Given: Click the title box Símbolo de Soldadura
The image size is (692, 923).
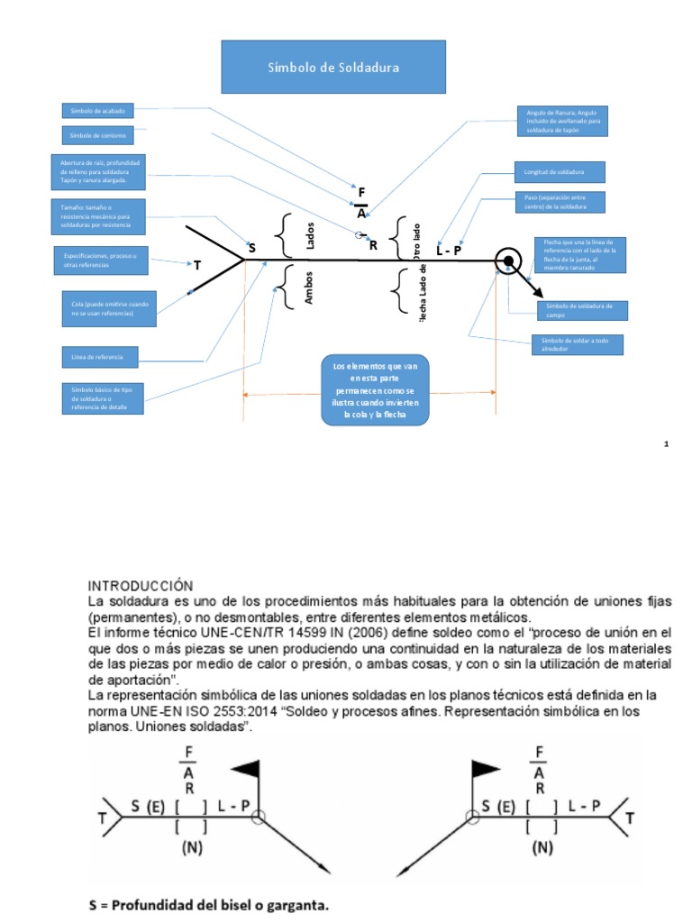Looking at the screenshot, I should tap(333, 68).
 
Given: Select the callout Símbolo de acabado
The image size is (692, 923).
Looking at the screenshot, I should tap(98, 110).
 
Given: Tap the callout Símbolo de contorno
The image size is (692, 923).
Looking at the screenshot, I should tap(98, 135).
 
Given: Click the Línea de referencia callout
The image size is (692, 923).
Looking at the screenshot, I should tap(98, 358).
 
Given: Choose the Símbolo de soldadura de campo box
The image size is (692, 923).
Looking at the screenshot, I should tap(581, 310).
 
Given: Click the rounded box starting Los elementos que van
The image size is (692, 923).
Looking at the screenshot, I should tap(375, 389).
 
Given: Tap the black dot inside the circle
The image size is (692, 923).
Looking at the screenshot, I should tap(508, 261).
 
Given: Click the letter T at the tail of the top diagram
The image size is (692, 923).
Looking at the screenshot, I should tap(196, 265).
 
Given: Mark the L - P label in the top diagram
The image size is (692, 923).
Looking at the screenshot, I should tap(449, 251).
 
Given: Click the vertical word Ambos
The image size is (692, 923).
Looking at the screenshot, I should tap(308, 287).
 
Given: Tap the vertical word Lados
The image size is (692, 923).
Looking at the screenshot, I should tap(309, 236).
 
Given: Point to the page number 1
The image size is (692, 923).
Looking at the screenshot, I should tap(666, 444).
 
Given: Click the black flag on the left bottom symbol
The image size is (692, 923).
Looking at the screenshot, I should tap(246, 769).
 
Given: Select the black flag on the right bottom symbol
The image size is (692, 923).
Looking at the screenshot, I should tap(486, 769).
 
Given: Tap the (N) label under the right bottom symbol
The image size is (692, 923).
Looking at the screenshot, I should tap(542, 848).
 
